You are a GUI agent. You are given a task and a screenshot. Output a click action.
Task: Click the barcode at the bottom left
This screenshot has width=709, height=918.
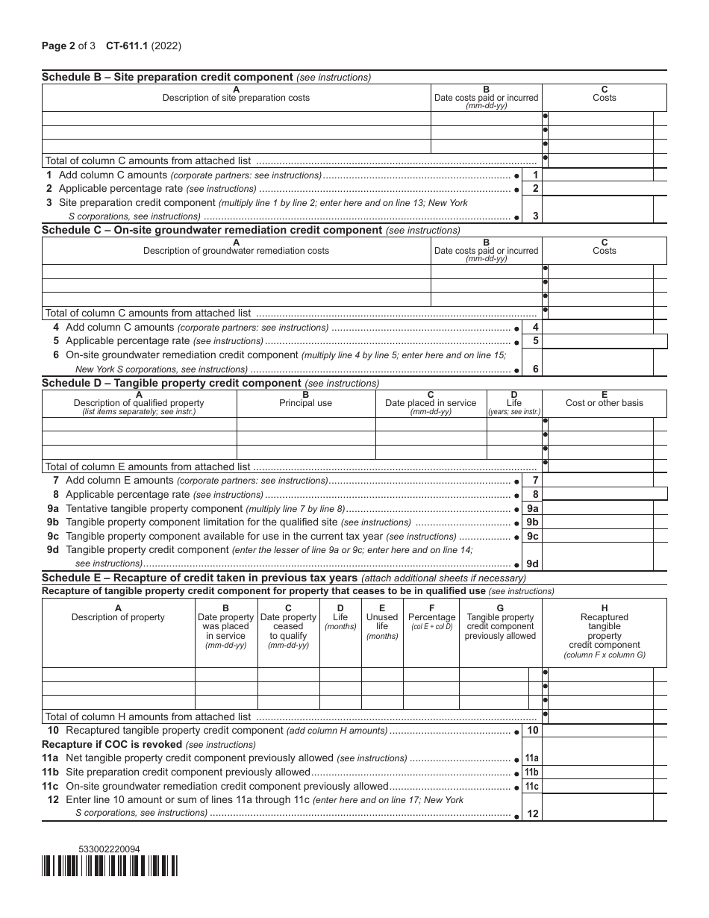(110, 866)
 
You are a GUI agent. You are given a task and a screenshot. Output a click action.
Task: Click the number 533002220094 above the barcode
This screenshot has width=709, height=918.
(109, 849)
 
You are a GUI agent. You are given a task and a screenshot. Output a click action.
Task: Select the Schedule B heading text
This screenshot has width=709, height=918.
(167, 77)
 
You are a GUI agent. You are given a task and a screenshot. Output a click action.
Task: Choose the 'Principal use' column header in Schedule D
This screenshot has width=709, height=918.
(306, 403)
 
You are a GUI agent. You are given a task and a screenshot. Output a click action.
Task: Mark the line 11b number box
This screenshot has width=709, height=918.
(532, 772)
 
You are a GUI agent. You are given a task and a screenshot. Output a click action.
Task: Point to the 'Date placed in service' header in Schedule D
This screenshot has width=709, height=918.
(431, 403)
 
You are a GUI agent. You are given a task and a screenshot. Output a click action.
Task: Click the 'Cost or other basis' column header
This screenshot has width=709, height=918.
(604, 403)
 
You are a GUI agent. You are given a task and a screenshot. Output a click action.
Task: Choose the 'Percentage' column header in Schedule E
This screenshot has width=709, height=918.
(431, 622)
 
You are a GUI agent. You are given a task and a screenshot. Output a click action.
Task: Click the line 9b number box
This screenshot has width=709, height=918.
(532, 522)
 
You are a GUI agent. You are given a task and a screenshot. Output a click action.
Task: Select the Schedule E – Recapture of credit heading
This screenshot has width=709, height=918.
(200, 578)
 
